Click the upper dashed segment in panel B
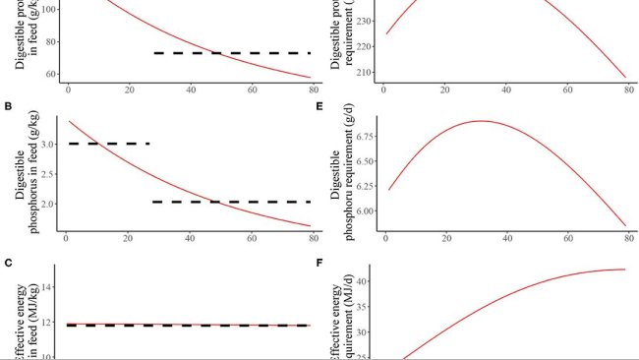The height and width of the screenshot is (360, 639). click(x=108, y=144)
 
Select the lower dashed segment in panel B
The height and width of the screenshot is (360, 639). click(x=231, y=202)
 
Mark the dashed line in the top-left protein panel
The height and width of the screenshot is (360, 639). click(x=231, y=53)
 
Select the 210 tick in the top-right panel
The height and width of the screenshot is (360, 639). click(x=367, y=73)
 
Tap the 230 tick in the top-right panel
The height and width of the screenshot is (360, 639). click(x=367, y=21)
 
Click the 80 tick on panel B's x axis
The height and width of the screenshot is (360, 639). click(x=313, y=241)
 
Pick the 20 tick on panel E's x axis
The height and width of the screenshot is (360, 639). click(x=445, y=241)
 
